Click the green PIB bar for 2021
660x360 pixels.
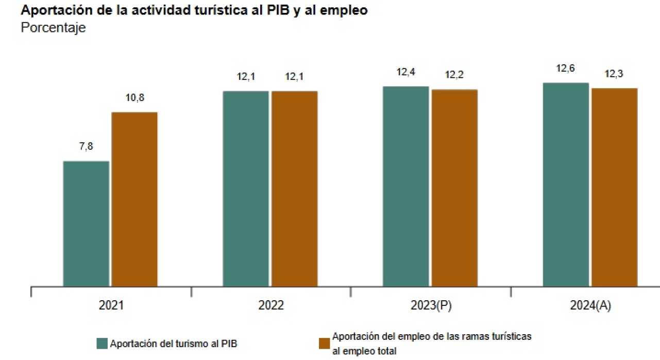(86, 224)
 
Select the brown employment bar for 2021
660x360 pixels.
(134, 199)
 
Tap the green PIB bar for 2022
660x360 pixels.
(246, 188)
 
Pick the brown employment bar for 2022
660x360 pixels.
(295, 188)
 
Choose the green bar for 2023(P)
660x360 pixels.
(405, 186)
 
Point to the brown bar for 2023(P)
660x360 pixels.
(454, 187)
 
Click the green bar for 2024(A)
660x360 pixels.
(566, 184)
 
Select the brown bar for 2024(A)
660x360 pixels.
(614, 187)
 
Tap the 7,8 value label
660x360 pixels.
(86, 147)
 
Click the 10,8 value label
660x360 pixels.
(134, 98)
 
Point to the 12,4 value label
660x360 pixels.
(405, 72)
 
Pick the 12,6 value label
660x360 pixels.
(566, 68)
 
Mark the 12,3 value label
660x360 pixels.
(614, 74)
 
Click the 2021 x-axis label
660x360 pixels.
(111, 305)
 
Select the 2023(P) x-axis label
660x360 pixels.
(431, 305)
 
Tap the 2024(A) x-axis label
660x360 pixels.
(590, 305)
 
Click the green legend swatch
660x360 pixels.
(102, 344)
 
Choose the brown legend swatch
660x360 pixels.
(324, 344)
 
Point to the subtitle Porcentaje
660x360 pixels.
(53, 28)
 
